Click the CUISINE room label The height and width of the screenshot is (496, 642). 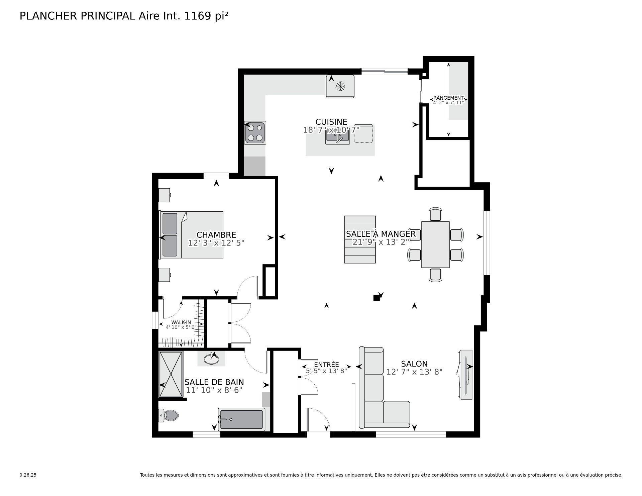[331, 122]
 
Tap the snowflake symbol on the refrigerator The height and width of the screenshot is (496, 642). [340, 87]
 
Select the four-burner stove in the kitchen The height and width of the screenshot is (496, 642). [255, 133]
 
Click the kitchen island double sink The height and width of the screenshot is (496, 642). [337, 137]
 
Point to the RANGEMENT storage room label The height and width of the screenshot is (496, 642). [448, 98]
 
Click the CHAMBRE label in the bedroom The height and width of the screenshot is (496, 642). [216, 235]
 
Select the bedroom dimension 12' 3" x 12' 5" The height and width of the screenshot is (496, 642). [216, 243]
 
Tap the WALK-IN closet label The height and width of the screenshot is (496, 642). [181, 322]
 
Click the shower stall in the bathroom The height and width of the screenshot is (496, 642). [171, 374]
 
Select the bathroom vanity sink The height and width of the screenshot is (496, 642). [211, 359]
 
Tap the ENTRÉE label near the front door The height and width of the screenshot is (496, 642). [326, 365]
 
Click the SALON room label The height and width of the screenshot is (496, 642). [414, 364]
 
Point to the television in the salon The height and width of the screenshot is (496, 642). [465, 375]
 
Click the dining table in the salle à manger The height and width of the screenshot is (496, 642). [435, 244]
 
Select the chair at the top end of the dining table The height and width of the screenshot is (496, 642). [435, 214]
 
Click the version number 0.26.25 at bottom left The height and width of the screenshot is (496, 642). [28, 475]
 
